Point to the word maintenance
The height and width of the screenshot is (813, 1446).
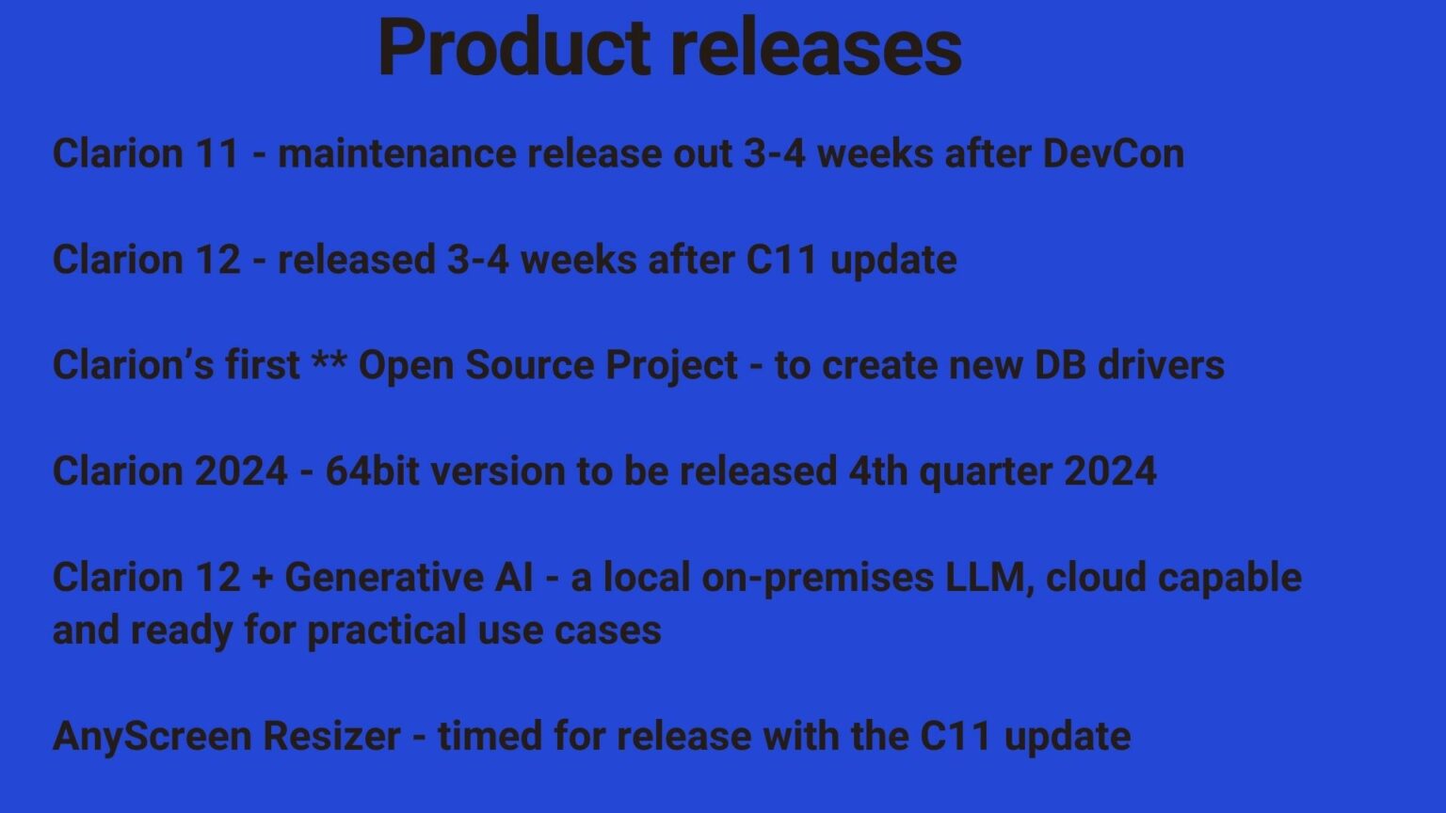(397, 153)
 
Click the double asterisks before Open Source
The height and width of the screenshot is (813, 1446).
(329, 362)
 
